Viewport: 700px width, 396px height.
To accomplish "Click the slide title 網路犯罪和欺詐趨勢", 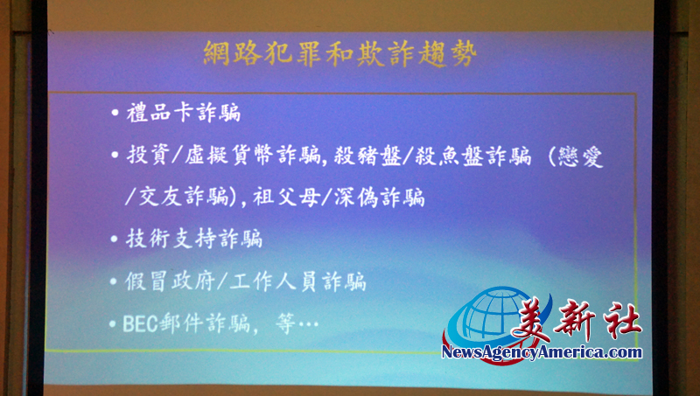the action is click(340, 53).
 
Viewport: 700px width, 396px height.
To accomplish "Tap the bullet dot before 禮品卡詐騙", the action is click(115, 113).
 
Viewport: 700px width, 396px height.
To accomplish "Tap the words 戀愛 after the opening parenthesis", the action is click(581, 157).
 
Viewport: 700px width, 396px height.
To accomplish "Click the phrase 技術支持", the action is click(171, 238).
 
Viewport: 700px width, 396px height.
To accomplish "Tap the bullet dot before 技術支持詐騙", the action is click(115, 239).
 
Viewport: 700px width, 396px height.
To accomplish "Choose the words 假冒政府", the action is click(170, 281).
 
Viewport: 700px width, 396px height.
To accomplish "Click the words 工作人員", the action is click(275, 281).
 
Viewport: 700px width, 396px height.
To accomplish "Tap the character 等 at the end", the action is click(286, 323).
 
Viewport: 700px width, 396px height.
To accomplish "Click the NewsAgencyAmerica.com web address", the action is click(542, 352).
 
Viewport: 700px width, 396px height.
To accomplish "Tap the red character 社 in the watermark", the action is click(621, 318).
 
